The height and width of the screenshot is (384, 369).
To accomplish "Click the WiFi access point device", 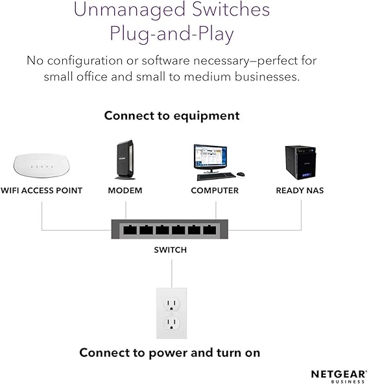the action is click(x=41, y=165).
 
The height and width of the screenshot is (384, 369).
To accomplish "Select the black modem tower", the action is click(x=125, y=160).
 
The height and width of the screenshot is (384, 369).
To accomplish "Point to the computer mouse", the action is click(x=241, y=174).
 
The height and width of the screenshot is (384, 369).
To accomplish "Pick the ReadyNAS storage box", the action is click(x=300, y=163).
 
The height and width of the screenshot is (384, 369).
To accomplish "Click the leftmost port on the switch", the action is click(x=130, y=230).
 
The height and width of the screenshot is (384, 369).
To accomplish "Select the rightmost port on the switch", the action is click(x=210, y=230).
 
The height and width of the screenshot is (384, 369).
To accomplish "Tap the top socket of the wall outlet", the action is click(x=171, y=304).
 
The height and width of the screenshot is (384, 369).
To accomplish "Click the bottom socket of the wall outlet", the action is click(x=171, y=324).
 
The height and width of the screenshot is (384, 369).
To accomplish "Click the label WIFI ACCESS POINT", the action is click(x=41, y=191).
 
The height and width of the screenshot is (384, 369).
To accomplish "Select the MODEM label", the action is click(x=125, y=191).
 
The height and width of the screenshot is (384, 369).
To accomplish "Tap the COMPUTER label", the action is click(x=215, y=191).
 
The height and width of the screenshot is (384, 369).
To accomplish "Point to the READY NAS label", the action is click(x=300, y=191).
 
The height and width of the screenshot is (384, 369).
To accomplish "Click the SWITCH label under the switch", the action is click(x=171, y=250).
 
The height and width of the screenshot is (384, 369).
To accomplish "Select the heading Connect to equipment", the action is click(x=172, y=116).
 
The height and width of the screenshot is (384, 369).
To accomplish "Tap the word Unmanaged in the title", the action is click(x=130, y=10).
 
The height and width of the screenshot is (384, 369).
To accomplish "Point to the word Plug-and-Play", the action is click(x=172, y=34).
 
